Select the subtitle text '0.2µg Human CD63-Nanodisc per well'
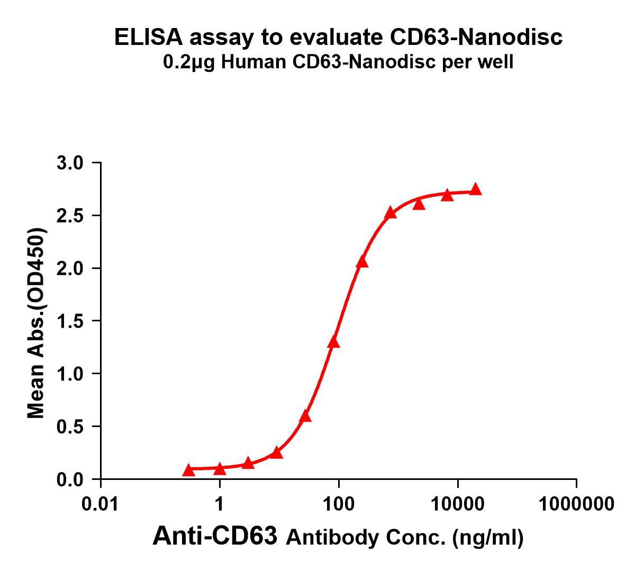click(338, 63)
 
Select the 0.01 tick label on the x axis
click(101, 504)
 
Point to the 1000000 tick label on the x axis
click(576, 504)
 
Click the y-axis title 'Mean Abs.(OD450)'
click(36, 324)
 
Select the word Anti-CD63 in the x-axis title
click(214, 536)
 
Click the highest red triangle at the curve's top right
click(475, 189)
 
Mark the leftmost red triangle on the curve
click(188, 470)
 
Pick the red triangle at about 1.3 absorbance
click(333, 342)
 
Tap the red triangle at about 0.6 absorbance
click(305, 416)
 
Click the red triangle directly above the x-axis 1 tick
click(220, 469)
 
